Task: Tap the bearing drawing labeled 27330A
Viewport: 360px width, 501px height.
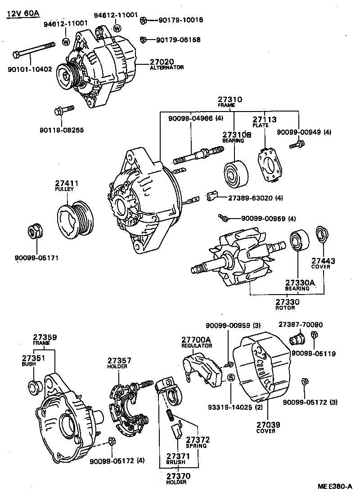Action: [298, 242]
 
